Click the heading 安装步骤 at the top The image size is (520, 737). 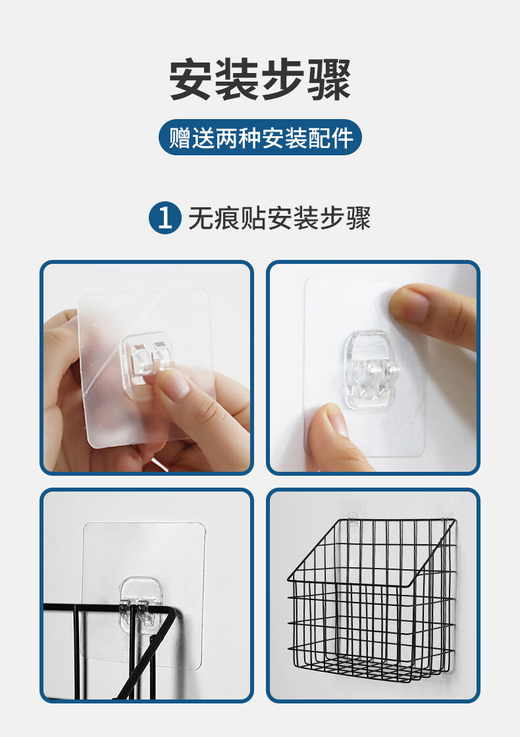click(260, 80)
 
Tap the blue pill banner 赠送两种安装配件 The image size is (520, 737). click(260, 138)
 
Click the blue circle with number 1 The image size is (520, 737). click(165, 218)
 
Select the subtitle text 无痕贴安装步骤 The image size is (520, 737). click(279, 218)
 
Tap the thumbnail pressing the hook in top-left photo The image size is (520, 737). click(176, 383)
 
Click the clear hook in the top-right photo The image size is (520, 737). click(371, 369)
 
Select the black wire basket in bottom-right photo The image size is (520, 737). click(372, 600)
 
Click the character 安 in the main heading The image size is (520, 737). click(190, 80)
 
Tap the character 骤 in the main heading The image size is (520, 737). click(330, 80)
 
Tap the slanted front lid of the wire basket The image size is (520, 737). click(371, 552)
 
